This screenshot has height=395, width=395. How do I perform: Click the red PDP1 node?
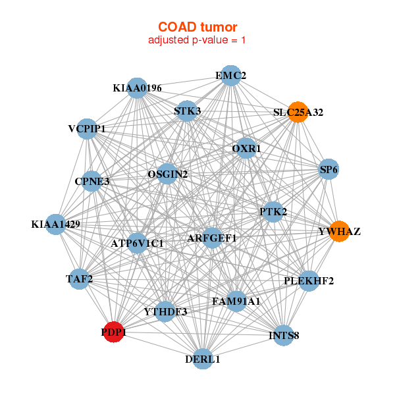pyautogui.click(x=113, y=332)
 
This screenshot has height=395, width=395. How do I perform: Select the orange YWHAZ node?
pyautogui.click(x=339, y=231)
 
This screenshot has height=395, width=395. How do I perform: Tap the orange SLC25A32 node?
pyautogui.click(x=298, y=112)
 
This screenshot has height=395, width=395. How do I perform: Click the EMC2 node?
pyautogui.click(x=230, y=76)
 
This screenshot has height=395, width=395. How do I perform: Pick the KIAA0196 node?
pyautogui.click(x=137, y=88)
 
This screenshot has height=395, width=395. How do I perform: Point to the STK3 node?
pyautogui.click(x=187, y=111)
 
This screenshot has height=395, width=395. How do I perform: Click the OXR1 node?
pyautogui.click(x=246, y=149)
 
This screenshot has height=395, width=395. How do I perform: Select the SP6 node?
pyautogui.click(x=329, y=169)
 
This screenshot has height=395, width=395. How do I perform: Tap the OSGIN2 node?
pyautogui.click(x=168, y=174)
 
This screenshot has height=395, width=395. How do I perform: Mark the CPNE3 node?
pyautogui.click(x=92, y=181)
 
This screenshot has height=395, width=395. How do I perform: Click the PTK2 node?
pyautogui.click(x=273, y=211)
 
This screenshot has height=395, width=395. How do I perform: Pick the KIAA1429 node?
pyautogui.click(x=56, y=224)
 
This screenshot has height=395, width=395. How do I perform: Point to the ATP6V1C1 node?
pyautogui.click(x=137, y=243)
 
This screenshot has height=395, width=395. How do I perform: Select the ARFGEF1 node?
pyautogui.click(x=211, y=238)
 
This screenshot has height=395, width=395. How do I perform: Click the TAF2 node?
pyautogui.click(x=80, y=278)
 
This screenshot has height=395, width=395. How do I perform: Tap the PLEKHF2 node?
pyautogui.click(x=309, y=281)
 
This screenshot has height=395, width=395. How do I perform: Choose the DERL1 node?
pyautogui.click(x=203, y=359)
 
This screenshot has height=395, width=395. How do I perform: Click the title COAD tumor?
pyautogui.click(x=197, y=27)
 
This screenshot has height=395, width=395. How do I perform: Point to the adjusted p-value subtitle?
pyautogui.click(x=197, y=40)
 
